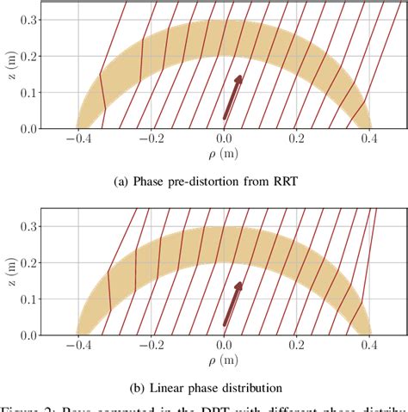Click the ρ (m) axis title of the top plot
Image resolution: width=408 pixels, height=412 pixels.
pyautogui.click(x=224, y=157)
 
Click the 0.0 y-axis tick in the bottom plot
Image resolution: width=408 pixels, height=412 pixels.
pyautogui.click(x=28, y=335)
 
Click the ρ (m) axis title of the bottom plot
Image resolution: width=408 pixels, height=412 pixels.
pyautogui.click(x=224, y=363)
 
